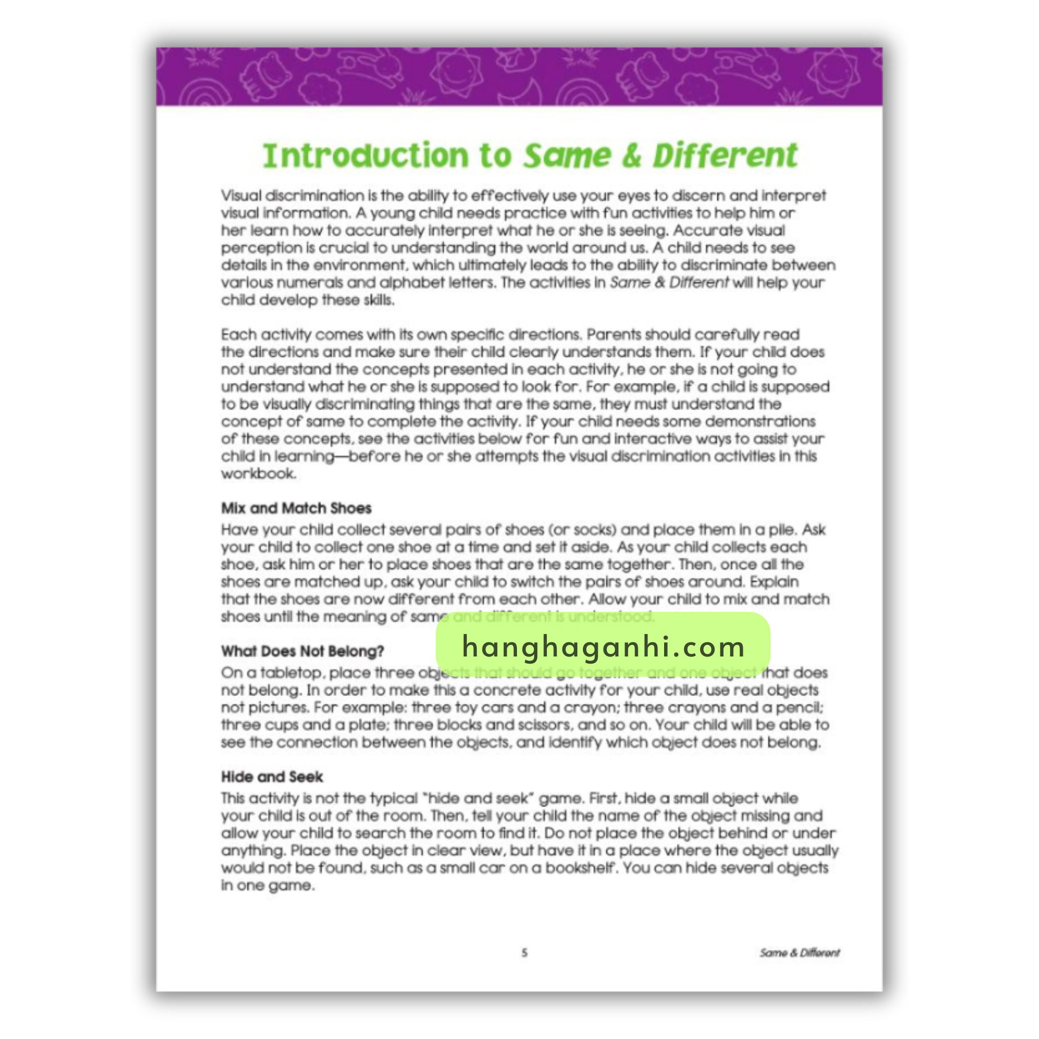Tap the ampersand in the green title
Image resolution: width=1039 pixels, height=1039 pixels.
pyautogui.click(x=631, y=155)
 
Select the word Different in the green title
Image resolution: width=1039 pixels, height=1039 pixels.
pyautogui.click(x=725, y=155)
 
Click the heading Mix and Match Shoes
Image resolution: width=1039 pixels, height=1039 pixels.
pyautogui.click(x=296, y=508)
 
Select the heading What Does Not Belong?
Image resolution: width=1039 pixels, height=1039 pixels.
pyautogui.click(x=302, y=651)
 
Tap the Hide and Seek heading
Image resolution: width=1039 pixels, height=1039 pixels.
pyautogui.click(x=271, y=777)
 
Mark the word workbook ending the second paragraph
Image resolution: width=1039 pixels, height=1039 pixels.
pyautogui.click(x=258, y=474)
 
